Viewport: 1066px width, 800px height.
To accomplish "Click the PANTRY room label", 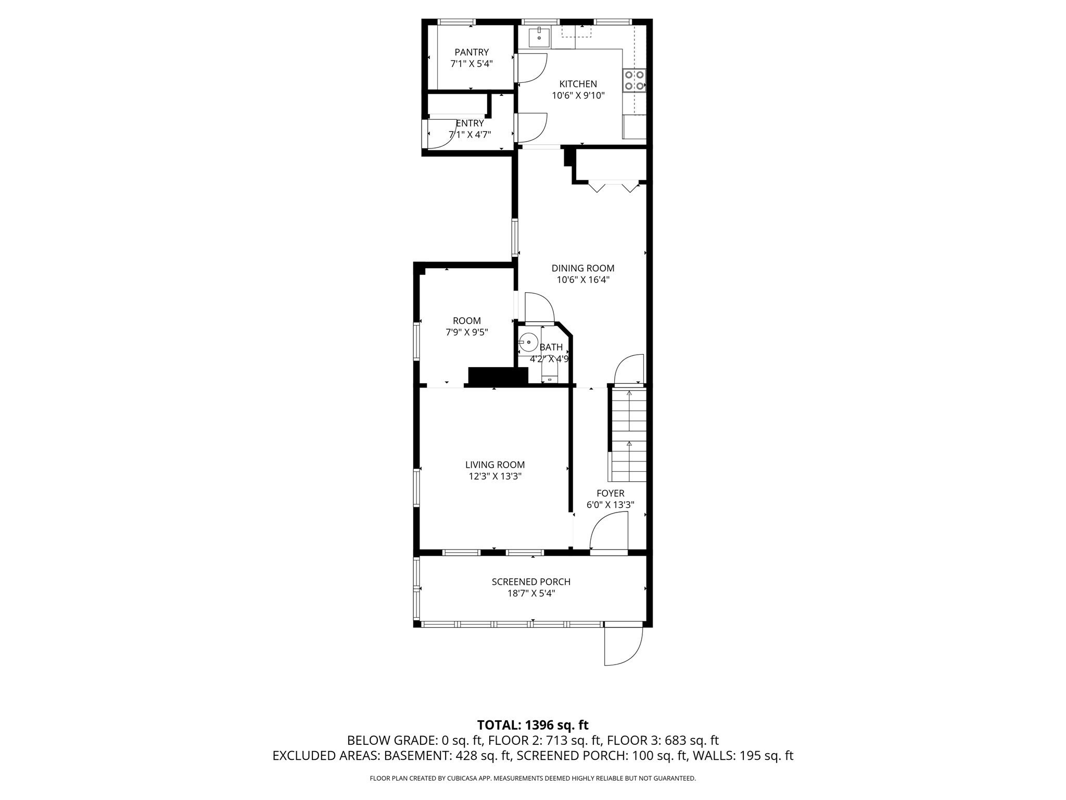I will coord(472,52).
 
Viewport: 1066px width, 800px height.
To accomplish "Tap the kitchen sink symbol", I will coord(539,37).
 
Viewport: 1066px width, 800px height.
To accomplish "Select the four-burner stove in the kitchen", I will coord(634,81).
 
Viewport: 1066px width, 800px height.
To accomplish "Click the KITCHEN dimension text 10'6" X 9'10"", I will coord(578,96).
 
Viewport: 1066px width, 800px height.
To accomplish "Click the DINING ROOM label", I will coord(582,268).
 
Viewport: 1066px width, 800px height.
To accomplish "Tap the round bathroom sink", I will coord(528,342).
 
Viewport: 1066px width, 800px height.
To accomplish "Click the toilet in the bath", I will coord(549,372).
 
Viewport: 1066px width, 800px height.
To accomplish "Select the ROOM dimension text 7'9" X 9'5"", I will coord(466,332).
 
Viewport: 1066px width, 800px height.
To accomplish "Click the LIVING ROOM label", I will coord(494,465).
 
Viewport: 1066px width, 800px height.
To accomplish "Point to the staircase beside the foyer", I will coord(629,435).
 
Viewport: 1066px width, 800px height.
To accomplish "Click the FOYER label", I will coord(610,493).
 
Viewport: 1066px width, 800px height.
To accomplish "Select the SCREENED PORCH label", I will coord(531,582).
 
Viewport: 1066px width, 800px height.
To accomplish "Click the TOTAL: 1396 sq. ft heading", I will coord(532,724).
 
